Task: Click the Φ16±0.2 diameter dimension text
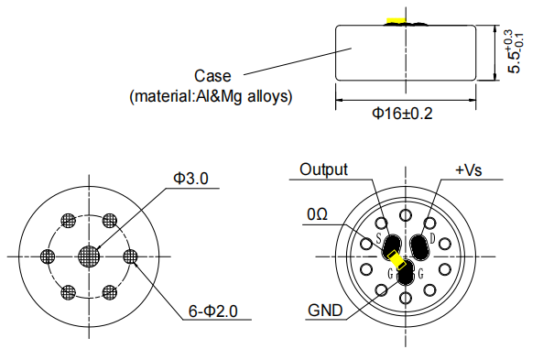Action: click(x=402, y=114)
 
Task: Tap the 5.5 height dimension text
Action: click(x=514, y=61)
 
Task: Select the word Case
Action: click(x=212, y=76)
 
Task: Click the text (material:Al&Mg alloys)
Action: click(x=211, y=96)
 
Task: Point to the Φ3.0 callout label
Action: click(x=190, y=179)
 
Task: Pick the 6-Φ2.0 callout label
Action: click(x=213, y=311)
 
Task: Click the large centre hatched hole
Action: click(x=89, y=256)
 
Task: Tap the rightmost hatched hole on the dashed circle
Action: click(x=130, y=256)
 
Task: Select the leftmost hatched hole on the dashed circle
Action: click(x=48, y=256)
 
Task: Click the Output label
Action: click(x=323, y=170)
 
